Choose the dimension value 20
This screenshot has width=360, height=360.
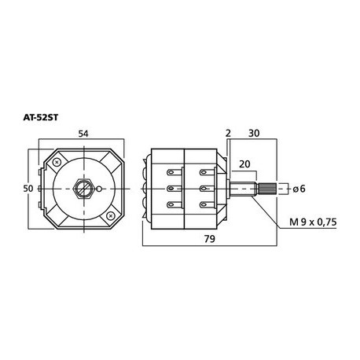point(244,165)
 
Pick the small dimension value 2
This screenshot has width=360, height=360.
point(228,134)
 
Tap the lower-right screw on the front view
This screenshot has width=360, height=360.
point(111,215)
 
